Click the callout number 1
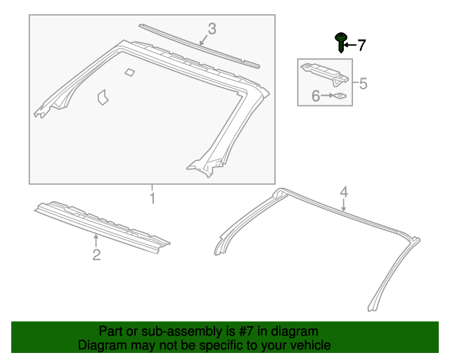[x=153, y=198]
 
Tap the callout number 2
[x=96, y=255]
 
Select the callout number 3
[x=212, y=29]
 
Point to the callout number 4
[x=344, y=192]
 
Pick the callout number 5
[x=364, y=84]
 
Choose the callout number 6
[x=316, y=96]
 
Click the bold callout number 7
[x=361, y=46]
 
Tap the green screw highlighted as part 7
[x=341, y=42]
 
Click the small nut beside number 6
[x=340, y=96]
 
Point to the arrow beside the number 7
[x=350, y=45]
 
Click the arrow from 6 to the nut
[x=327, y=96]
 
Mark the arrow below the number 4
[x=344, y=205]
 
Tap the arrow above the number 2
[x=96, y=240]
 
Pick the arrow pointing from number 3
[x=204, y=40]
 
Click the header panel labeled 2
[x=102, y=227]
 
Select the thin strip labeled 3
[x=199, y=46]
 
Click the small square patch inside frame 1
[x=129, y=72]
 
